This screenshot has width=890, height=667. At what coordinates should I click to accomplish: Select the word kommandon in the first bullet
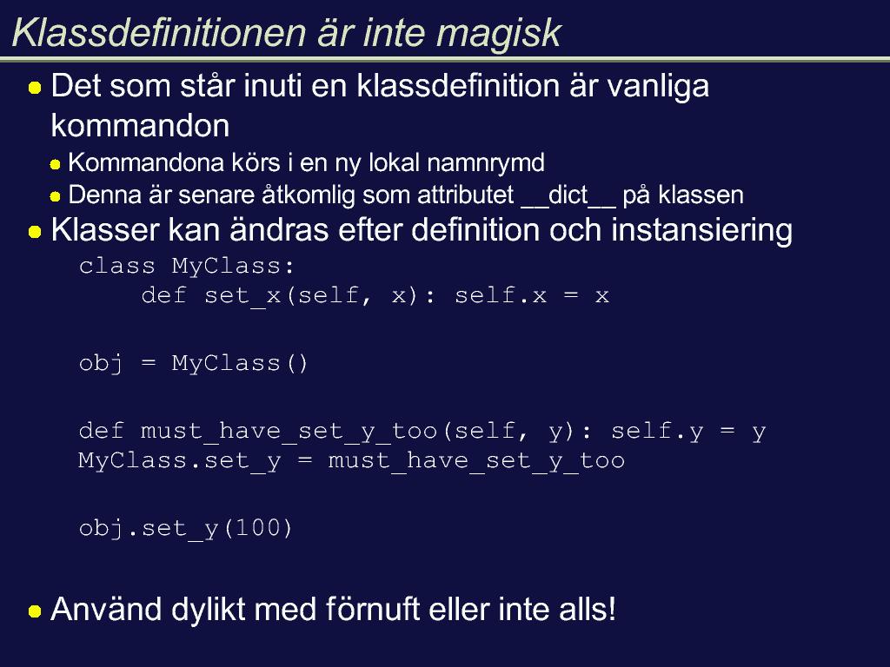coord(140,125)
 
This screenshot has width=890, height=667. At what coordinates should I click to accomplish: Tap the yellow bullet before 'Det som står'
coord(35,88)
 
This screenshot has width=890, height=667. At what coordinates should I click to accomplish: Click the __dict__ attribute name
coord(568,195)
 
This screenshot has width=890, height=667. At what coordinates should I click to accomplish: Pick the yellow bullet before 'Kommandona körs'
coord(55,165)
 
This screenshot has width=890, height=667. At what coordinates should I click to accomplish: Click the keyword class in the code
coord(117,266)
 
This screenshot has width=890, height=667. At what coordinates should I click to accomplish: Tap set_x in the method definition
coord(242,296)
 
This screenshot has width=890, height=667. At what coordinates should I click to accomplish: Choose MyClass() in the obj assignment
coord(240,363)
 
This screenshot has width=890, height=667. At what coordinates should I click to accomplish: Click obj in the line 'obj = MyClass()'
coord(101,364)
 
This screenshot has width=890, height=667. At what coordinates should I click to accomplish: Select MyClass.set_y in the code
coord(179,460)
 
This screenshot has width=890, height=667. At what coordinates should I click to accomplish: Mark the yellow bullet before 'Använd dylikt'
coord(35,611)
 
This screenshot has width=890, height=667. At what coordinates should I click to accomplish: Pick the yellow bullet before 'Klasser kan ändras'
coord(35,232)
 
